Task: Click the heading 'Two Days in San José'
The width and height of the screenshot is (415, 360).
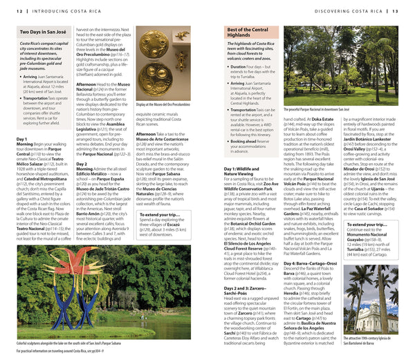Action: click(x=43, y=31)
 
